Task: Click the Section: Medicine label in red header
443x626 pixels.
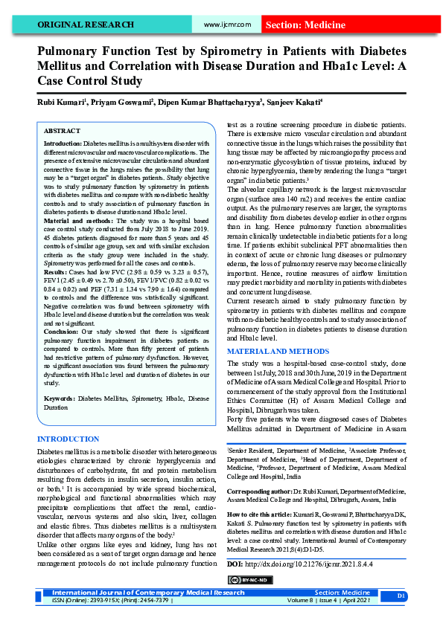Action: click(304, 25)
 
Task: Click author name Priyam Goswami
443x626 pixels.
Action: click(124, 101)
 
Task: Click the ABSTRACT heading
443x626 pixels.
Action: click(63, 130)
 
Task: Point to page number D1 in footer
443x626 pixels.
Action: click(401, 596)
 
